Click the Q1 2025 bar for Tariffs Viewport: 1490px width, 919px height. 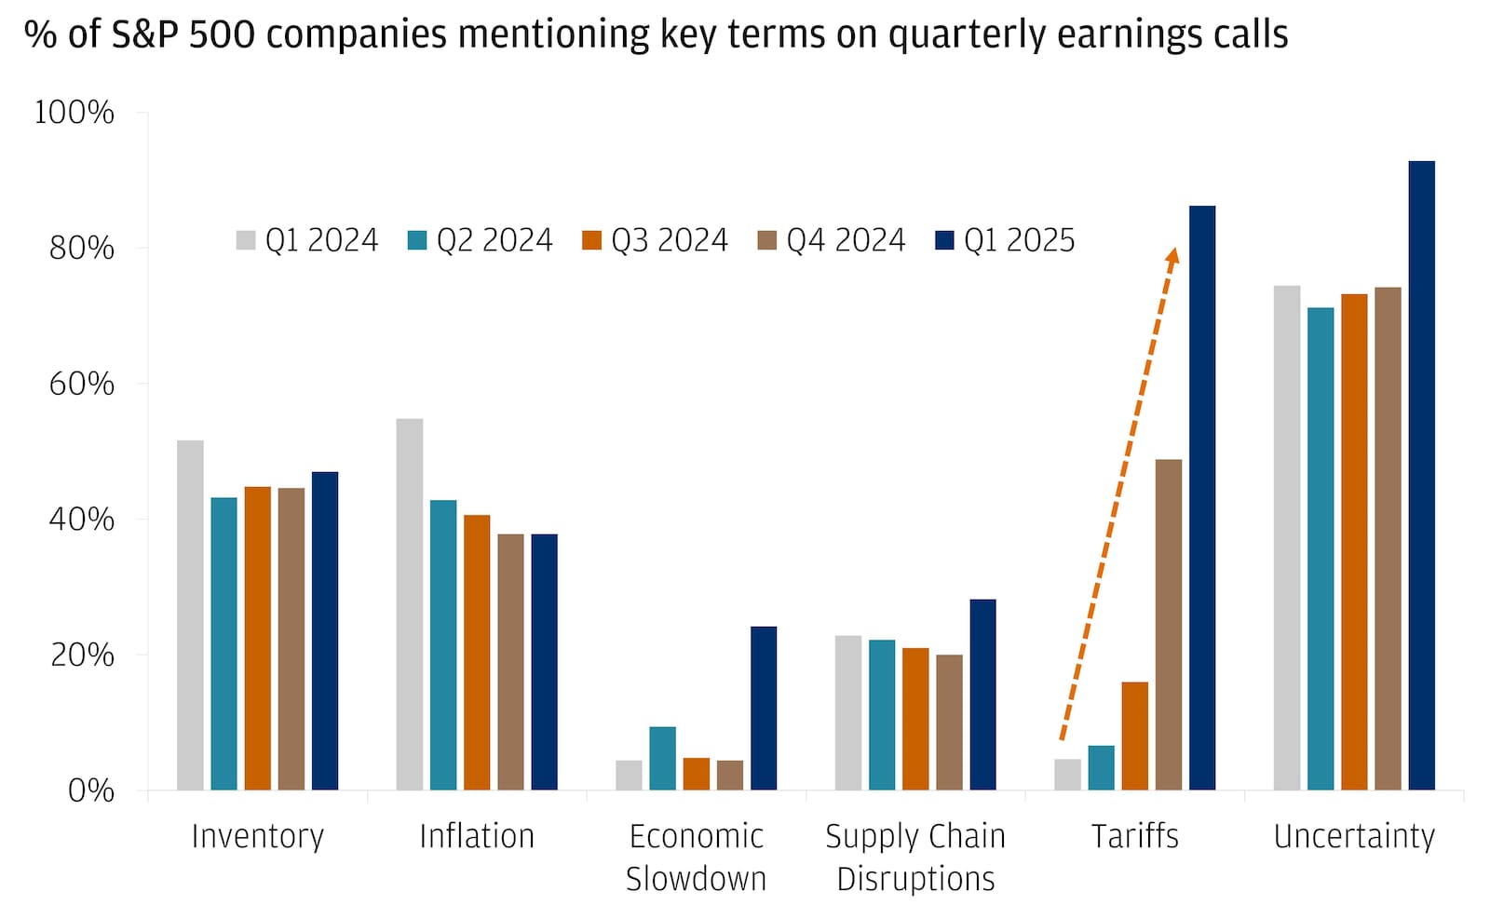pyautogui.click(x=1201, y=498)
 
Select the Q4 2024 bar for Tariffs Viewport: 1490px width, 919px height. pyautogui.click(x=1168, y=625)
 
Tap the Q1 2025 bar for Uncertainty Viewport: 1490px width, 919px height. pyautogui.click(x=1421, y=476)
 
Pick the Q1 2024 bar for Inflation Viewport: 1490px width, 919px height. pyautogui.click(x=409, y=604)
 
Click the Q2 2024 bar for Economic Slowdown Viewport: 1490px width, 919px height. pyautogui.click(x=662, y=759)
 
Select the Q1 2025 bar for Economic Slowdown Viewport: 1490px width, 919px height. pyautogui.click(x=763, y=709)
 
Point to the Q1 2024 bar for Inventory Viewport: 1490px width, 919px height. pyautogui.click(x=190, y=615)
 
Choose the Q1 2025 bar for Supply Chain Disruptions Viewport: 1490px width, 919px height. pyautogui.click(x=982, y=695)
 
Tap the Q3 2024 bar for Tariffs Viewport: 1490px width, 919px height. pyautogui.click(x=1134, y=737)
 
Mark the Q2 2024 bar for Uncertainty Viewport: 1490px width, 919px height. pyautogui.click(x=1320, y=549)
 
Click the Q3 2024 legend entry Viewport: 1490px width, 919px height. pyautogui.click(x=655, y=240)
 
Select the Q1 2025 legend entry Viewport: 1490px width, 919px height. pyautogui.click(x=1004, y=240)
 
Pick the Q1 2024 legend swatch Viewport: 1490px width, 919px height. pyautogui.click(x=246, y=240)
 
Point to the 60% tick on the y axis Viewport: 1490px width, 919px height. pyautogui.click(x=82, y=384)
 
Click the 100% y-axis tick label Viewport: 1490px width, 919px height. pyautogui.click(x=74, y=113)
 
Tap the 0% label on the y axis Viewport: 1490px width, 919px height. pyautogui.click(x=91, y=791)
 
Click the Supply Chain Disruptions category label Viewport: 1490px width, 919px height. pyautogui.click(x=915, y=858)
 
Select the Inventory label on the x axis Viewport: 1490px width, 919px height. pyautogui.click(x=257, y=836)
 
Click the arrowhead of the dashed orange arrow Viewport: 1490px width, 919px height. pyautogui.click(x=1172, y=254)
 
